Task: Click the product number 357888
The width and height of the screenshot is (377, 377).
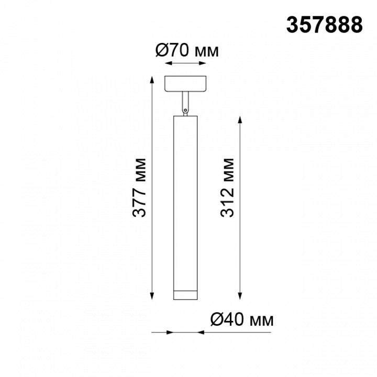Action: click(324, 25)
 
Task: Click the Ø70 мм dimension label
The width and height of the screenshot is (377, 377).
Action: click(187, 51)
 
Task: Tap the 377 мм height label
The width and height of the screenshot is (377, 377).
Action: click(139, 188)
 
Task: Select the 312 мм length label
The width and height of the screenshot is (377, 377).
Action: click(227, 188)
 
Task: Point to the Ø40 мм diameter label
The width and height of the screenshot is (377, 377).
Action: click(242, 319)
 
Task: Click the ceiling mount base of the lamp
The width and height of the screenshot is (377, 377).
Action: click(185, 84)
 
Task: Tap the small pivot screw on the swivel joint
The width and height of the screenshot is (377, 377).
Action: click(185, 110)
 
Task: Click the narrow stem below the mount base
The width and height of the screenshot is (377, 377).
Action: click(185, 101)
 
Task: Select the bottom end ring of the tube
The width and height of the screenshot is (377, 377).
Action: click(185, 295)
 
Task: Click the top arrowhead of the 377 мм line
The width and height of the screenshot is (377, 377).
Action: click(152, 80)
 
